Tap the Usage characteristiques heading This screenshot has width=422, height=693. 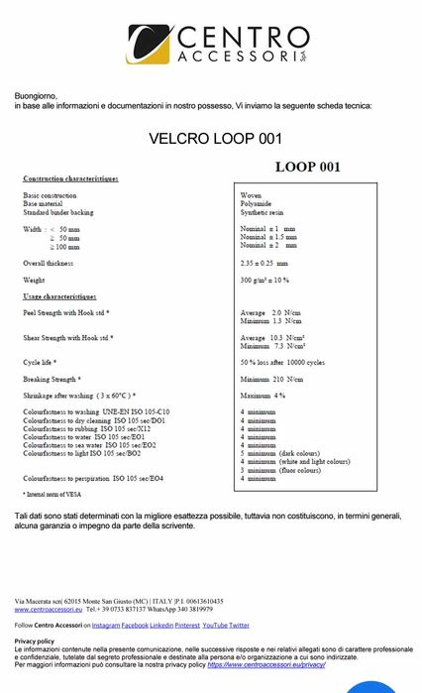59,296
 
